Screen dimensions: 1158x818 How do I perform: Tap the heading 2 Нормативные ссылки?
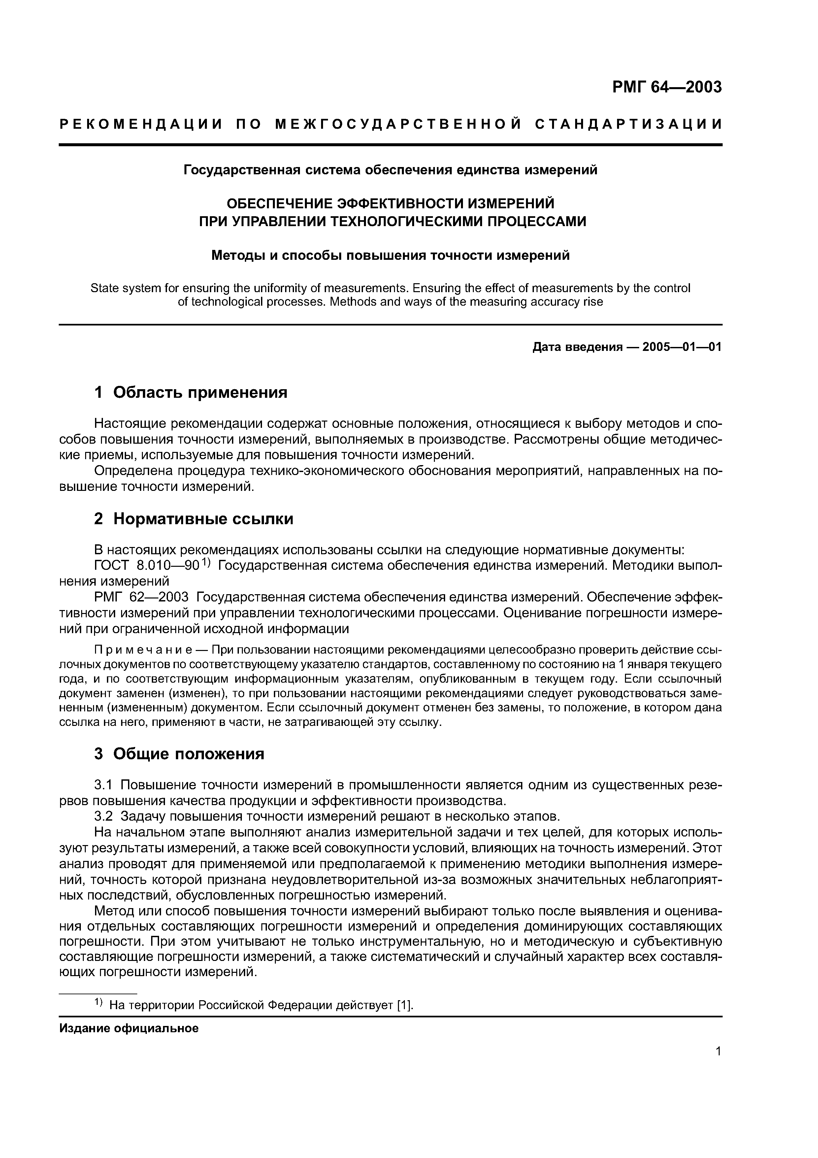(x=194, y=519)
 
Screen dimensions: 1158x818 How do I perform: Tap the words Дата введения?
(x=577, y=347)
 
